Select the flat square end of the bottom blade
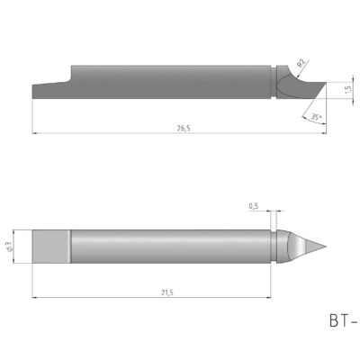tap(49, 246)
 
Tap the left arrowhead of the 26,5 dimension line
tap(33, 134)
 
